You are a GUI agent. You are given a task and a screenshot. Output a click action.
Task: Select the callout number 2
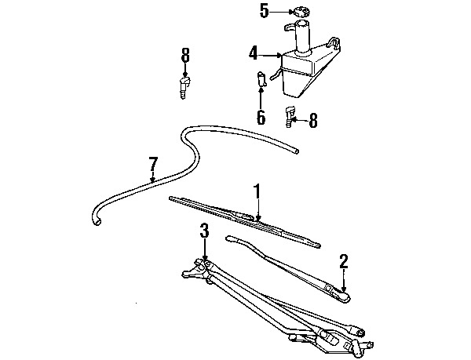pos(344,261)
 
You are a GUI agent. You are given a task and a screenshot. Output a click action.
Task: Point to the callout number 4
pos(254,53)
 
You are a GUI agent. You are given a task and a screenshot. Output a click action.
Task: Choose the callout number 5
pos(264,12)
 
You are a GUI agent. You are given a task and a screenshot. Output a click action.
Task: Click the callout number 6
pos(261,117)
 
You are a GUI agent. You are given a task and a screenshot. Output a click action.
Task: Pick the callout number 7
pos(153,164)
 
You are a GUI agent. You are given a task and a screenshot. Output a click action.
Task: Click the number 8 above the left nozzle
pos(185,55)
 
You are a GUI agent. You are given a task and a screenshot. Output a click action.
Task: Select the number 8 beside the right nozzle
pos(312,121)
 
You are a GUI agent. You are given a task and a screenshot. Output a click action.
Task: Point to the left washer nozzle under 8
pos(184,87)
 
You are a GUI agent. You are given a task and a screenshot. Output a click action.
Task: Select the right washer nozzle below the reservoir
pos(290,116)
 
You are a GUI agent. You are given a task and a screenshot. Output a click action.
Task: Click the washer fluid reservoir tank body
pos(306,71)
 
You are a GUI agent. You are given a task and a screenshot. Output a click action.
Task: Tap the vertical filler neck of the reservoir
pos(304,37)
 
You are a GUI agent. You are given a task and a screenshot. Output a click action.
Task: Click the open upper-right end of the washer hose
pos(297,151)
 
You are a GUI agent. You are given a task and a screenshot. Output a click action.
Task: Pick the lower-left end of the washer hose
pos(97,221)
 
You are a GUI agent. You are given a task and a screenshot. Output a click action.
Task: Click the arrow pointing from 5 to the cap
pos(281,12)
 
